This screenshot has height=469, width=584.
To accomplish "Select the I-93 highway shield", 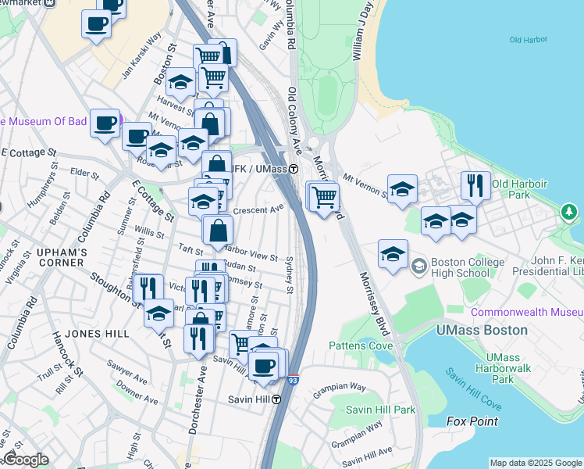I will pyautogui.click(x=293, y=381).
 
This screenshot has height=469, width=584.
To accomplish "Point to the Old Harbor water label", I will pyautogui.click(x=527, y=40).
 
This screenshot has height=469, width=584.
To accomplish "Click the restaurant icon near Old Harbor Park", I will pyautogui.click(x=475, y=185).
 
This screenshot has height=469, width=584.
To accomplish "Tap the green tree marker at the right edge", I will pyautogui.click(x=570, y=212).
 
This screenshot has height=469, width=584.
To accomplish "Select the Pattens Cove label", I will pyautogui.click(x=360, y=345).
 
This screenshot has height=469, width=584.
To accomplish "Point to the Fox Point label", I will pyautogui.click(x=472, y=421).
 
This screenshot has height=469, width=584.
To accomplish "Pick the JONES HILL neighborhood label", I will pyautogui.click(x=97, y=334).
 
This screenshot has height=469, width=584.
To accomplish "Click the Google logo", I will pyautogui.click(x=25, y=460).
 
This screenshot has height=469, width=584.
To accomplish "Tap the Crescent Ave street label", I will pyautogui.click(x=258, y=209).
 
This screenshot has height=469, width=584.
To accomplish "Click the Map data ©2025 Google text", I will pyautogui.click(x=536, y=463).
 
